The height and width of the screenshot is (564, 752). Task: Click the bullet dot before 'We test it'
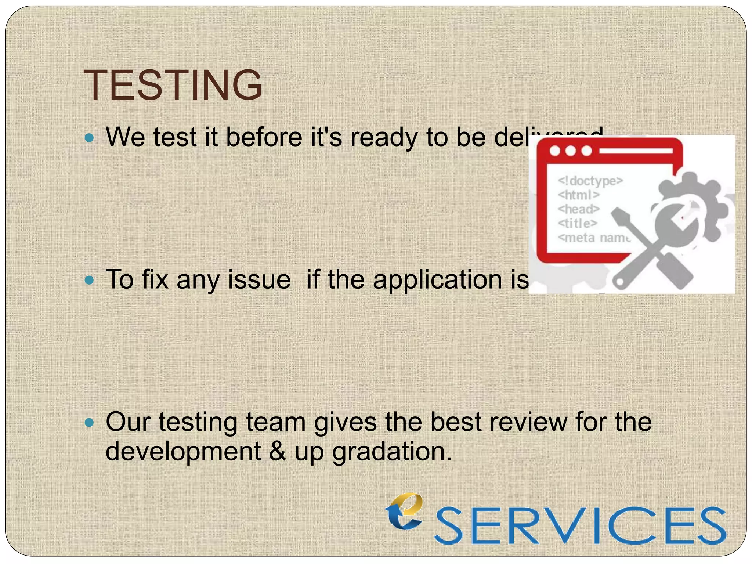[89, 138]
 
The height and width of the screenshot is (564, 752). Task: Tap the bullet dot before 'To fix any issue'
[89, 281]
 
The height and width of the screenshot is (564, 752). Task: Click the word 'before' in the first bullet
[264, 137]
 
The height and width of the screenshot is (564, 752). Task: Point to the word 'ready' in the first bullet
[384, 138]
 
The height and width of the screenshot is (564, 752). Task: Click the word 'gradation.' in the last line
[392, 452]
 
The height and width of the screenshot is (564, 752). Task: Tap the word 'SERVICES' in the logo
[580, 525]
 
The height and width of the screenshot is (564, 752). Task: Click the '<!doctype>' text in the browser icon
[590, 181]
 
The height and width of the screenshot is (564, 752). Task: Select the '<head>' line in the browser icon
[578, 209]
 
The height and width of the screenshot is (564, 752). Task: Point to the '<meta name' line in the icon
[594, 238]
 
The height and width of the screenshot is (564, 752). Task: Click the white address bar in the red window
[635, 151]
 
